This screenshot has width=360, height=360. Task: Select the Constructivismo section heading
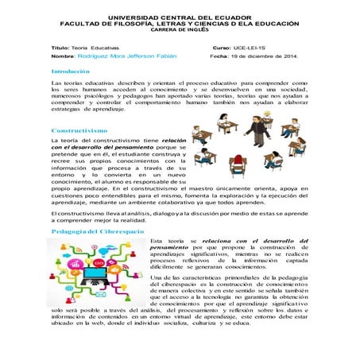tap(79, 130)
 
